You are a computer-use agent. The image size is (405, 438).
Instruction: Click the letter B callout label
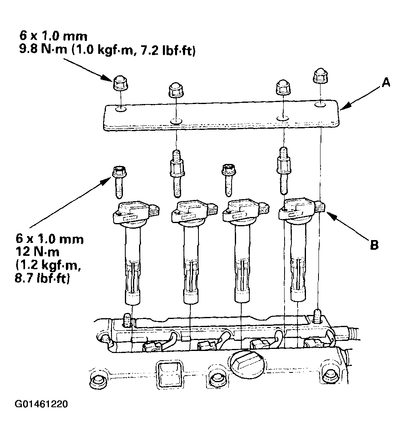coord(374,245)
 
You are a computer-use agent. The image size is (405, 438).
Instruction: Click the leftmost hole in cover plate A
coord(120,108)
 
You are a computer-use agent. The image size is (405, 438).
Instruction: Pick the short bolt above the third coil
coord(228,178)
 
